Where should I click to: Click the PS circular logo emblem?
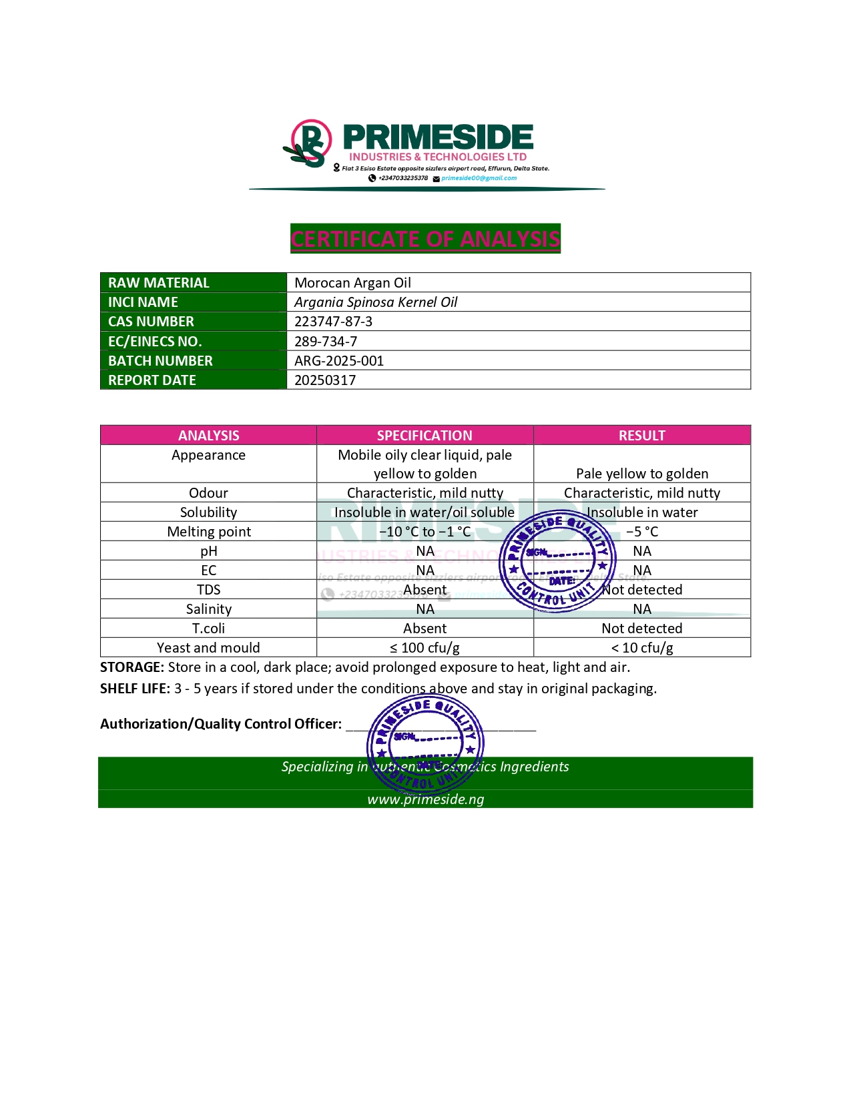[310, 143]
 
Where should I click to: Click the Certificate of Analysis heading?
[425, 239]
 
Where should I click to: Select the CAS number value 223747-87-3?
[333, 322]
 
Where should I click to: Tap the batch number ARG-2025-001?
[339, 361]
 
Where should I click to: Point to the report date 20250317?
[325, 380]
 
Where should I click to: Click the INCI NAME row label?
[143, 302]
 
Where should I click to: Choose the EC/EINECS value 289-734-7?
[326, 342]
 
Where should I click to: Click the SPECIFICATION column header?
[424, 436]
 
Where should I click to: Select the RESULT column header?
[641, 436]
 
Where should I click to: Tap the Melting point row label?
[209, 532]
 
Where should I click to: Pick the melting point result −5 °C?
[642, 532]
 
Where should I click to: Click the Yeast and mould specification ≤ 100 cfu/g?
[424, 648]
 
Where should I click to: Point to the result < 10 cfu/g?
[642, 648]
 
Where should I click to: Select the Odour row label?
[208, 493]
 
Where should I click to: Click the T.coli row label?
[208, 629]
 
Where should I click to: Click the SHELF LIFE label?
[135, 689]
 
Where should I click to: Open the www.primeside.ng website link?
[425, 799]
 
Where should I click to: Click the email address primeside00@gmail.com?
[479, 178]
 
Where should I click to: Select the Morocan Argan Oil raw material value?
[352, 283]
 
